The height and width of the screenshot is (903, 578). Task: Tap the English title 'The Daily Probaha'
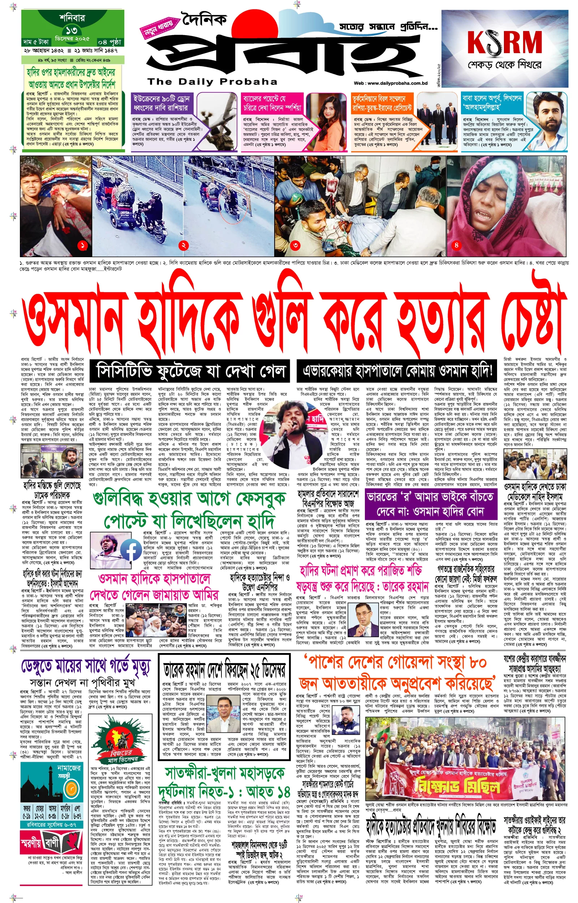(212, 82)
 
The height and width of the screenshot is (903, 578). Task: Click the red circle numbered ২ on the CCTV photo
(183, 245)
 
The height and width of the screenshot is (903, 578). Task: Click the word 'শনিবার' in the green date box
(72, 18)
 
